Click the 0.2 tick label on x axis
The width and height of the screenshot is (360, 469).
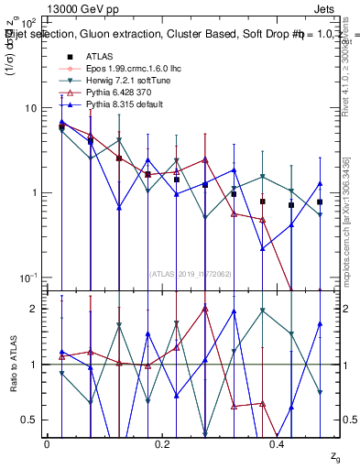click(x=162, y=442)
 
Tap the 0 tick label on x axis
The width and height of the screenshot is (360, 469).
click(x=47, y=442)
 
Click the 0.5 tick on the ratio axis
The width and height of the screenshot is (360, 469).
click(x=31, y=420)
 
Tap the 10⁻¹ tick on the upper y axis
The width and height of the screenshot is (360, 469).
click(x=27, y=278)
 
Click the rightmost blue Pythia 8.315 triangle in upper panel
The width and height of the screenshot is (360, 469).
click(x=320, y=183)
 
